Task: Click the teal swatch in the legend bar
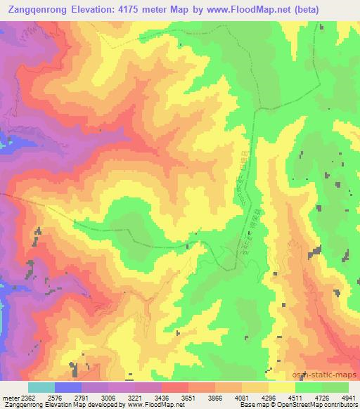pyautogui.click(x=41, y=387)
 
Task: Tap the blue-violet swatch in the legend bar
pyautogui.click(x=68, y=387)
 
